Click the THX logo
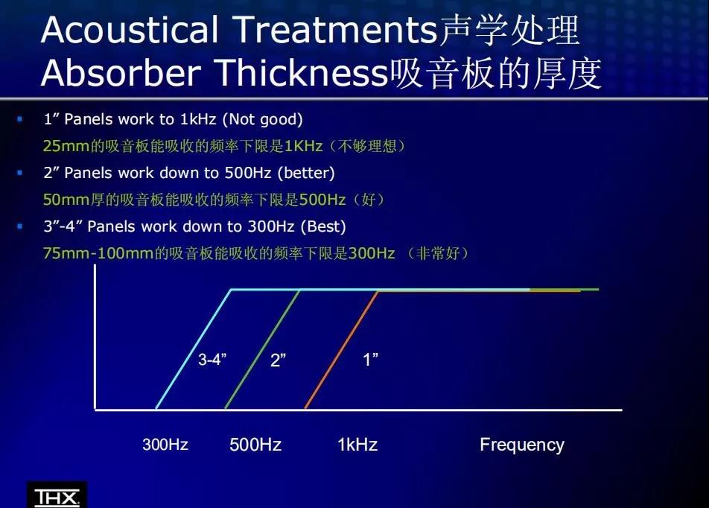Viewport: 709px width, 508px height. click(57, 497)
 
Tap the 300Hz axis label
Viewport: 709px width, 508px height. click(165, 444)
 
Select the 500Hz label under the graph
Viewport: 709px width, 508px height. click(255, 444)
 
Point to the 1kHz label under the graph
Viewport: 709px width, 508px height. click(357, 444)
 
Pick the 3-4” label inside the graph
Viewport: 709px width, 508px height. click(212, 360)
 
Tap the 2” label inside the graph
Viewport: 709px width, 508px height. click(278, 360)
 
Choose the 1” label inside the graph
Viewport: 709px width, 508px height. click(370, 360)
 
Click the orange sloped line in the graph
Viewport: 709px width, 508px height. click(342, 350)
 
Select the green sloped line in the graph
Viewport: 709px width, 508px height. click(263, 349)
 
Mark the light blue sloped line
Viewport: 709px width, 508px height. click(194, 349)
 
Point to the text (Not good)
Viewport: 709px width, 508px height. click(262, 119)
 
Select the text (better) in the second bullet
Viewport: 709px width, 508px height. click(306, 173)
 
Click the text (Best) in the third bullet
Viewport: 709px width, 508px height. click(323, 226)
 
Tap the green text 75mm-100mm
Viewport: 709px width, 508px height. click(98, 253)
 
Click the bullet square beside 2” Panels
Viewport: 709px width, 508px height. click(19, 173)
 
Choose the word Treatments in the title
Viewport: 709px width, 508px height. click(335, 30)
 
